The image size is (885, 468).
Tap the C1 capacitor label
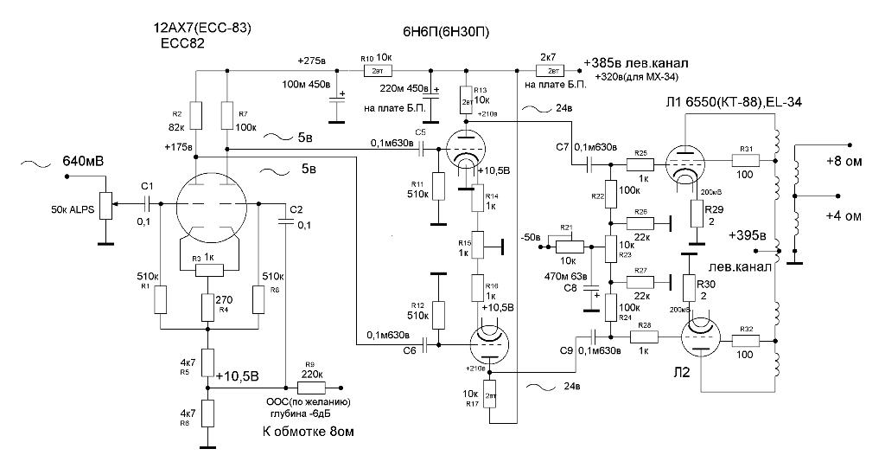[147, 187]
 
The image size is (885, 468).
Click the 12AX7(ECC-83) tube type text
[201, 28]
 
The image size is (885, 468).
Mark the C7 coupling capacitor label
[563, 148]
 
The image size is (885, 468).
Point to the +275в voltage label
[313, 61]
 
